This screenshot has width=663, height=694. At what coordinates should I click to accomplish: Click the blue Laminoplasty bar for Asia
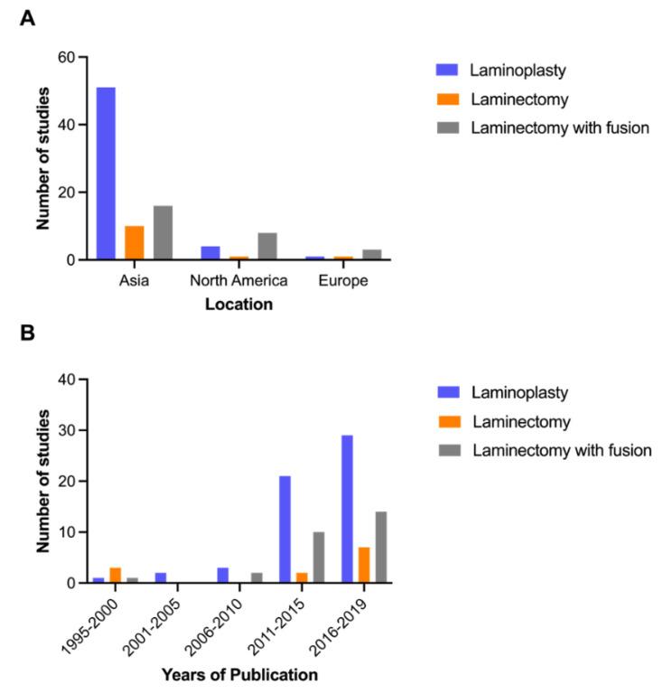click(107, 173)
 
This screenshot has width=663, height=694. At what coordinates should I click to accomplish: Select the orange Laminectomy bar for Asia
click(134, 243)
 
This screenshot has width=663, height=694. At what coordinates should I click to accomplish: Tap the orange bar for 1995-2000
click(115, 576)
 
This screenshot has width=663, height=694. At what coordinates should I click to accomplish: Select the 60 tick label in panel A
click(67, 58)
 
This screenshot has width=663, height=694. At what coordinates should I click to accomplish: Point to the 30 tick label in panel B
click(67, 432)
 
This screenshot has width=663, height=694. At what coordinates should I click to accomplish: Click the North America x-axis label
click(238, 281)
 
